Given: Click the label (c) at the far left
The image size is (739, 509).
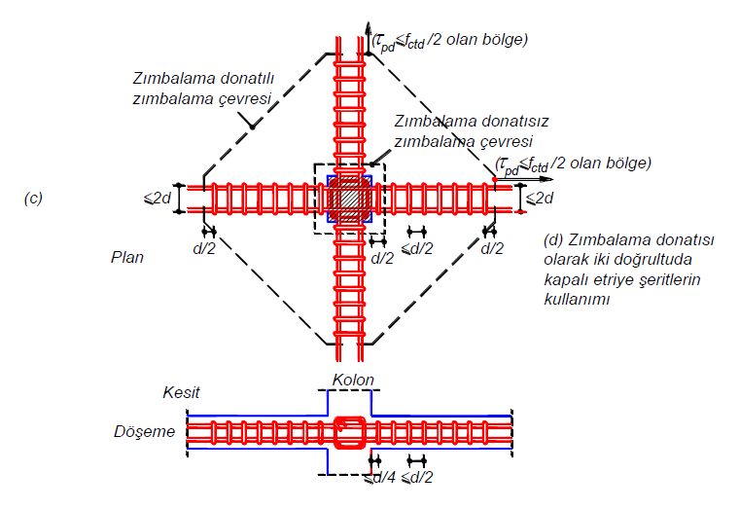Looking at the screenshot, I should [32, 199].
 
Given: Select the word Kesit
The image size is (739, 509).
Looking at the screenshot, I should [181, 392].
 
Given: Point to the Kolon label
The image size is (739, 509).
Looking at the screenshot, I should [353, 379].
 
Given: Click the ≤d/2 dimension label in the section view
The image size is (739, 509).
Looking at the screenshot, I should [419, 478].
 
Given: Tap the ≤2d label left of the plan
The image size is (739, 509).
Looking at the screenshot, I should [158, 199].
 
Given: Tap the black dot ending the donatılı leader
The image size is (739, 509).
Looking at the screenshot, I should [250, 124].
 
